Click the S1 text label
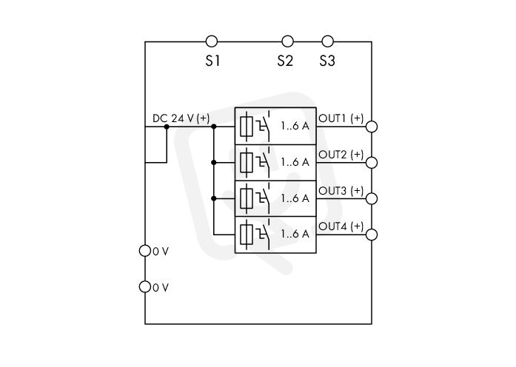point(212,61)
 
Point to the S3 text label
point(327,61)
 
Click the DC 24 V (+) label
point(181,118)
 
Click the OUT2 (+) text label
point(341,155)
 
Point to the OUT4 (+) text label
point(341,226)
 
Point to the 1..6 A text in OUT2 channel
point(295,162)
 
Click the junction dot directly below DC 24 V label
point(167,127)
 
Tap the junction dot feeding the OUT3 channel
point(213,198)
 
